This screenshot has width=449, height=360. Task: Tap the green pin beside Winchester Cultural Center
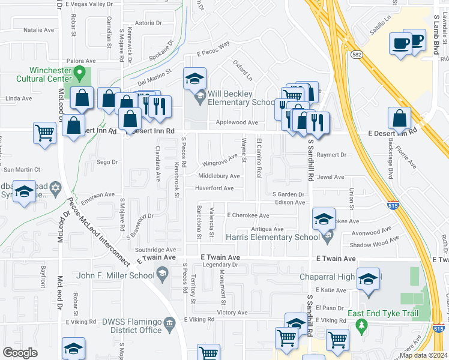tap(79, 75)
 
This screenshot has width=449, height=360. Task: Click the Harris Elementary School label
tap(272, 238)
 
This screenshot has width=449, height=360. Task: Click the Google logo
tap(20, 352)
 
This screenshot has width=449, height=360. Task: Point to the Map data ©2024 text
tap(424, 355)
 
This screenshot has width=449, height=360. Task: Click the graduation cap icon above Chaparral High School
tap(368, 279)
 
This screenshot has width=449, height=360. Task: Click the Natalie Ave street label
tap(38, 29)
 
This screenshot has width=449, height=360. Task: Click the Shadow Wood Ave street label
tap(374, 244)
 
